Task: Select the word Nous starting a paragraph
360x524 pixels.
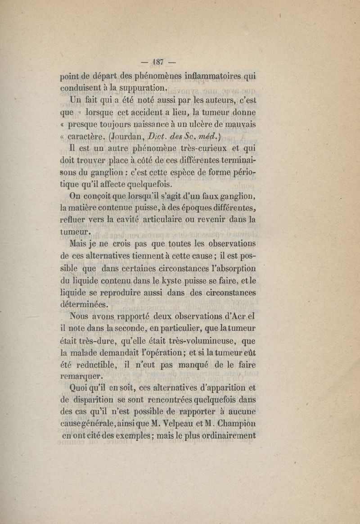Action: [x=76, y=317]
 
